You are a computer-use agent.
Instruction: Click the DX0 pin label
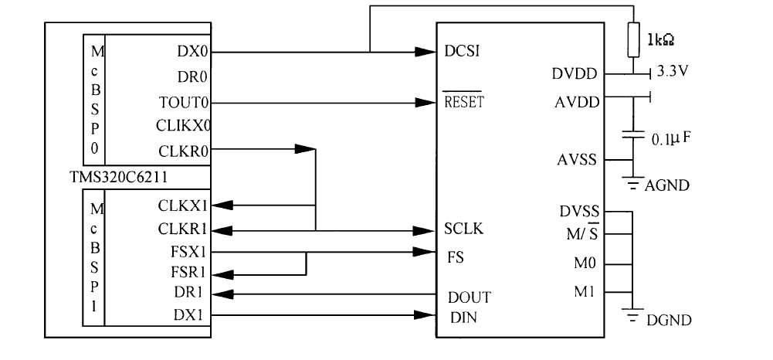pos(192,51)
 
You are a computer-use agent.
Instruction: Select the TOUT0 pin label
pos(184,103)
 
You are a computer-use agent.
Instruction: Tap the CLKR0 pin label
pos(183,151)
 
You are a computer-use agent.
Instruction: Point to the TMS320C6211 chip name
pos(118,177)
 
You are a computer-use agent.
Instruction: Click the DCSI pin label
pos(462,51)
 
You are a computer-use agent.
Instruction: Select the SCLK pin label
pos(463,229)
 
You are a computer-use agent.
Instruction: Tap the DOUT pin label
pos(470,297)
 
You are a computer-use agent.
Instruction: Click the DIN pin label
pos(463,318)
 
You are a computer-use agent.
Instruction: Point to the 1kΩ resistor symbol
pos(633,39)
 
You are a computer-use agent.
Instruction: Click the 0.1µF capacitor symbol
pos(633,134)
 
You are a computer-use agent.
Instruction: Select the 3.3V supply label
pos(673,72)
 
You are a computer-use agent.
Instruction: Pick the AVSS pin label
pos(577,160)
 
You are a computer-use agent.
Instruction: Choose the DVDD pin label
pos(575,74)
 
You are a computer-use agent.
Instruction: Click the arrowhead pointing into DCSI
pos(425,51)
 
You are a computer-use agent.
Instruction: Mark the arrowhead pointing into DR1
pos(222,294)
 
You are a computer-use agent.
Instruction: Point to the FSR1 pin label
pos(188,272)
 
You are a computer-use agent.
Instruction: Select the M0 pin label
pos(585,263)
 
